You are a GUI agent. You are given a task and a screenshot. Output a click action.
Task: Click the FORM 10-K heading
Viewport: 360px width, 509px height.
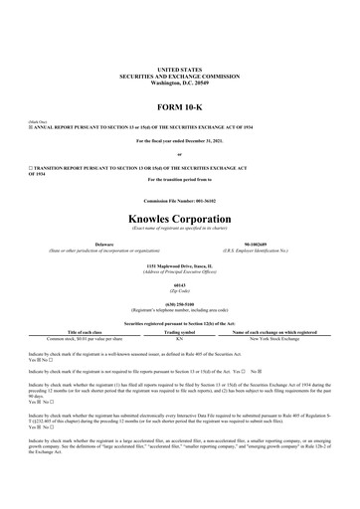point(179,106)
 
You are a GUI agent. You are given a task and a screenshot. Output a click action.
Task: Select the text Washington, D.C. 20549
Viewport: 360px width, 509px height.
point(179,85)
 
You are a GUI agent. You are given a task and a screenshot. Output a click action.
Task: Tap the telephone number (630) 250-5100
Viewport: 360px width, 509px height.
point(179,305)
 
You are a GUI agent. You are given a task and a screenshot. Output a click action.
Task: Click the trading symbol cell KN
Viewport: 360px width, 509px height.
point(179,338)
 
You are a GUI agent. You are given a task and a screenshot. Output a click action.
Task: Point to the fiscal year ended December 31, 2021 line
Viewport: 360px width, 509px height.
point(179,141)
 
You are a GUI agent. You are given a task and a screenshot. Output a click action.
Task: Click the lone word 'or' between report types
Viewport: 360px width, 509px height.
point(179,154)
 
